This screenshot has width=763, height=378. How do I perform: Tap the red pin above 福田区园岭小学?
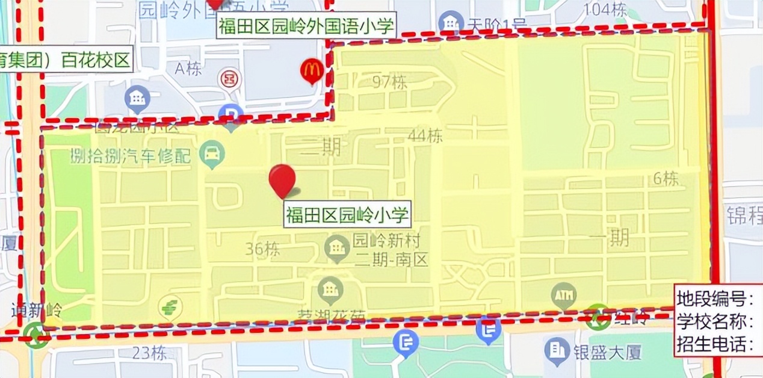pyautogui.click(x=282, y=179)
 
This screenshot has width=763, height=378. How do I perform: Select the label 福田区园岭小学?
pyautogui.click(x=347, y=214)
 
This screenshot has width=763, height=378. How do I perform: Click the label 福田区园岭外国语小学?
pyautogui.click(x=306, y=26)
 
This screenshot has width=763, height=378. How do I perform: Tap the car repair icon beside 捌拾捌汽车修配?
pyautogui.click(x=212, y=155)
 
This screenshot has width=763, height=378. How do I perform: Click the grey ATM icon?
pyautogui.click(x=563, y=296)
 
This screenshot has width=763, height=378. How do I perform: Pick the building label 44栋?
pyautogui.click(x=425, y=136)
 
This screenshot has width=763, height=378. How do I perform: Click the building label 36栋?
pyautogui.click(x=263, y=249)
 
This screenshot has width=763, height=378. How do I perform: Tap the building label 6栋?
pyautogui.click(x=666, y=179)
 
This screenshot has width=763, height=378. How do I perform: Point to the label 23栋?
pyautogui.click(x=150, y=353)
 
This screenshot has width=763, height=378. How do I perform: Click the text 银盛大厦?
pyautogui.click(x=599, y=352)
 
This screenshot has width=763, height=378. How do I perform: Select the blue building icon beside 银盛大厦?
pyautogui.click(x=557, y=350)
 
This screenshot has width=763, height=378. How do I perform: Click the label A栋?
pyautogui.click(x=188, y=69)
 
